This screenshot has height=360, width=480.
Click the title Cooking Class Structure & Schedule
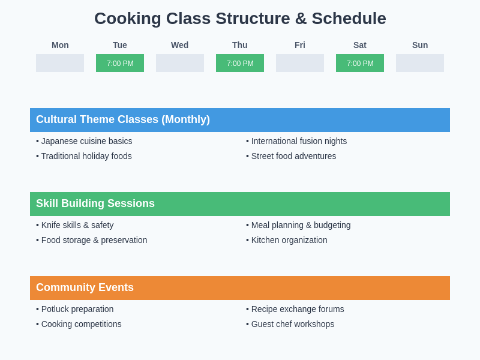(x=240, y=19)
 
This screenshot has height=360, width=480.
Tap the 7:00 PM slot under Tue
(x=120, y=63)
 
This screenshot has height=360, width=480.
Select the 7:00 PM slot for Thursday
(x=240, y=63)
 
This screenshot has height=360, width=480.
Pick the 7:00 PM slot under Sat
(x=360, y=63)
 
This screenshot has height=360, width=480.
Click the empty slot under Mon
(x=60, y=63)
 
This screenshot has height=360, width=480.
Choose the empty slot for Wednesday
(x=180, y=63)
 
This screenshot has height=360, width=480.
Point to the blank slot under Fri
(x=300, y=63)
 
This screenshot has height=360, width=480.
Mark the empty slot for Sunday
(x=420, y=63)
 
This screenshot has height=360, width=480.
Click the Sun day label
(x=420, y=45)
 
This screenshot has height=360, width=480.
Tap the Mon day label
(x=60, y=45)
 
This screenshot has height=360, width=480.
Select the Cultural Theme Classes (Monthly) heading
(x=123, y=119)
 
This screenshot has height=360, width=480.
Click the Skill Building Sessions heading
(x=95, y=203)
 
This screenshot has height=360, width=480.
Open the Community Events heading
(x=85, y=287)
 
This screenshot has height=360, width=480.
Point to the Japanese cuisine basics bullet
(x=84, y=141)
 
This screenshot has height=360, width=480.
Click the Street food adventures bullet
(x=291, y=156)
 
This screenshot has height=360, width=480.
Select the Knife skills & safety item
(x=75, y=225)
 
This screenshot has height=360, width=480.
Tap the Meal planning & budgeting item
(x=298, y=225)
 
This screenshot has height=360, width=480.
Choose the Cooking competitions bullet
(x=79, y=324)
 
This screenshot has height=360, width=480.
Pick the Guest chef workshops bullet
(x=290, y=324)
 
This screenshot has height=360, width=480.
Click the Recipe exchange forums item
(x=295, y=309)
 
